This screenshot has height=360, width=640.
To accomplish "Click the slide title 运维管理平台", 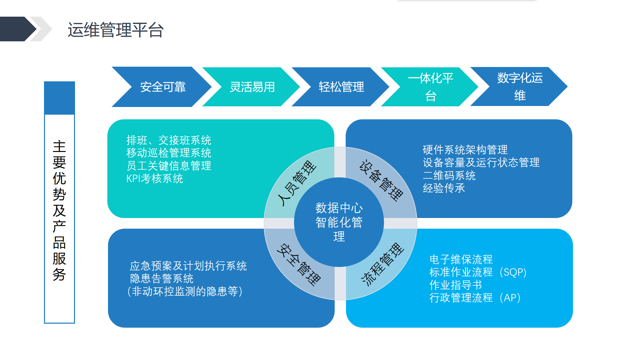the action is tap(116, 30).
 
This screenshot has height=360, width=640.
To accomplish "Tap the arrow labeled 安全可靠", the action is tap(162, 87).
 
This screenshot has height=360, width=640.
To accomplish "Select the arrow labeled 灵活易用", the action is tap(252, 87).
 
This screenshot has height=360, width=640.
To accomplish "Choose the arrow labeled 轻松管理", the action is tap(341, 87).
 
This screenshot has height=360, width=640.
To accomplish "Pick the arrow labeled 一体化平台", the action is tap(430, 87).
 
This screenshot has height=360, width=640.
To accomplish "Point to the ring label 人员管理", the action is tap(297, 183).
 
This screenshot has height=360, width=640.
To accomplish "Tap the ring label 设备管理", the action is tap(381, 180).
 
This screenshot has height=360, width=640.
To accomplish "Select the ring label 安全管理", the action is tap(299, 265).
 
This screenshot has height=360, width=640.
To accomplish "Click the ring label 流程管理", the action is tap(383, 264).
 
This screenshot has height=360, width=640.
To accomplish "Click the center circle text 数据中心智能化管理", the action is tap(339, 222).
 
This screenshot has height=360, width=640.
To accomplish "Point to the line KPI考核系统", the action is tap(155, 179).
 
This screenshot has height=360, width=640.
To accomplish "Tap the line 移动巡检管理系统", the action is tap(169, 153).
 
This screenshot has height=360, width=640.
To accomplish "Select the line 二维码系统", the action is tap(449, 176).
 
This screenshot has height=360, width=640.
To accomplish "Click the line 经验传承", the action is tap(444, 188).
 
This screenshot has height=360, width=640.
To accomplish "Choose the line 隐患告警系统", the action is tap(162, 279).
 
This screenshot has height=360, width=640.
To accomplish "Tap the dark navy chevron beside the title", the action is tap(18, 29).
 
